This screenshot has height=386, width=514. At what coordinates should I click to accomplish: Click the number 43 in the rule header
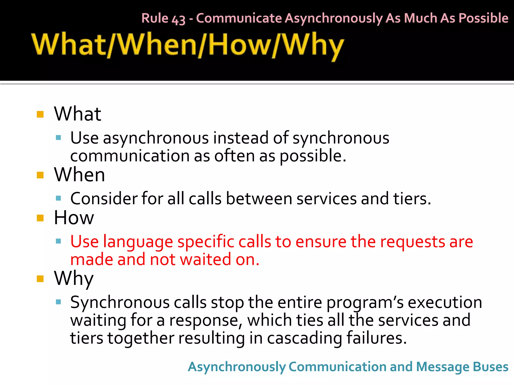(178, 19)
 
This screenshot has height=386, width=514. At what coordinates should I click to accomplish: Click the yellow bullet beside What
(40, 114)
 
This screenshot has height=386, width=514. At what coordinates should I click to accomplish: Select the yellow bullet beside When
(40, 175)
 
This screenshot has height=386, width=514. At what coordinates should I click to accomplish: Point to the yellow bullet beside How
(40, 218)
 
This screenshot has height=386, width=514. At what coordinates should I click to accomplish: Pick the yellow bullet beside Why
(40, 279)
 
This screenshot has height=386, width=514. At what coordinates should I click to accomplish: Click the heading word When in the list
(79, 175)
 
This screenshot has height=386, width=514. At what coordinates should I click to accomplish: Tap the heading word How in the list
(74, 218)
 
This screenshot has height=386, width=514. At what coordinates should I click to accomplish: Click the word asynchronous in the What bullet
(156, 138)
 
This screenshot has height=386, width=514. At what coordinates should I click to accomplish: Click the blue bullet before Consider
(58, 199)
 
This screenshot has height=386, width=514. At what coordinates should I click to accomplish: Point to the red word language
(138, 242)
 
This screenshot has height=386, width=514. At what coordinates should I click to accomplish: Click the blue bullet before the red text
(58, 242)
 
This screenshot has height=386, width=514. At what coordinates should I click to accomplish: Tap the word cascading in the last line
(304, 339)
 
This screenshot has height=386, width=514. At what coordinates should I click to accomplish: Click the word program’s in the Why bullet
(365, 303)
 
